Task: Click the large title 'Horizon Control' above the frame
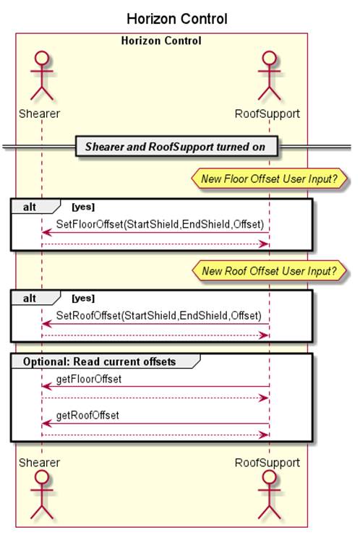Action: click(x=177, y=19)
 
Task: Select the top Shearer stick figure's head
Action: click(x=42, y=58)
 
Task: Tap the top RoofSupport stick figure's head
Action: click(x=269, y=58)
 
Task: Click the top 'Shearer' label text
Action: click(x=39, y=114)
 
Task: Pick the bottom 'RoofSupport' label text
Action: click(x=267, y=463)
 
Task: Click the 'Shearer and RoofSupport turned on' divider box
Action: click(x=176, y=147)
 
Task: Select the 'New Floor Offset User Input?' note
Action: click(x=269, y=179)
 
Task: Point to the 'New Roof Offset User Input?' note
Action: click(x=269, y=271)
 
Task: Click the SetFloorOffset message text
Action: click(x=160, y=224)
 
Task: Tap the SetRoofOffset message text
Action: click(x=158, y=316)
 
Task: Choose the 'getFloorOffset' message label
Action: click(x=89, y=379)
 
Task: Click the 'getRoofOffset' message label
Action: click(x=87, y=415)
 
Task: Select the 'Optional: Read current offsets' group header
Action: click(x=99, y=361)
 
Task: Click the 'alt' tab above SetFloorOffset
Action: click(x=30, y=207)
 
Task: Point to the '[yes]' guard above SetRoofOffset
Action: click(x=83, y=298)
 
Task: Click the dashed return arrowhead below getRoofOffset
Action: click(x=265, y=435)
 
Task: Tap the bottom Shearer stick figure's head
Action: click(x=42, y=476)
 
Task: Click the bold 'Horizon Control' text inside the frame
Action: click(x=161, y=41)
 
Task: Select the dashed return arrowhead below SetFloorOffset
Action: click(x=265, y=244)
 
